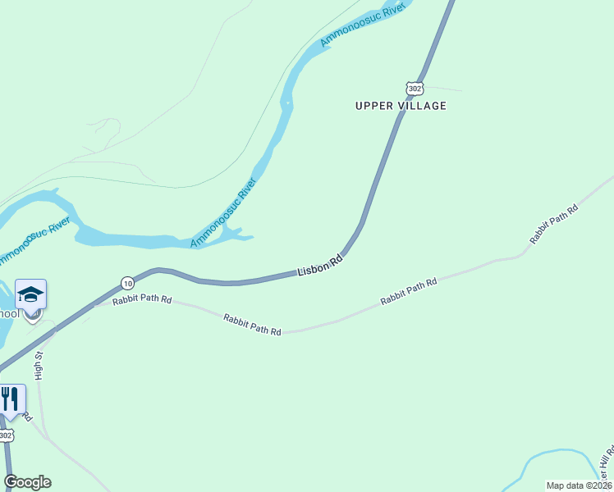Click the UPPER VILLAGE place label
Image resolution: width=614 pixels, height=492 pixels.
[401, 106]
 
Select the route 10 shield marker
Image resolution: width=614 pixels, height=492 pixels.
[127, 282]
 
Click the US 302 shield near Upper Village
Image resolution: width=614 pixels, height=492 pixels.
[415, 89]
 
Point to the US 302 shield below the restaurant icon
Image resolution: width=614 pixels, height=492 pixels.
[6, 435]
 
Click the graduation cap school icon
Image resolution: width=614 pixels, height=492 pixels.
[30, 294]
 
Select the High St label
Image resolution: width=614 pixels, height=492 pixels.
[39, 366]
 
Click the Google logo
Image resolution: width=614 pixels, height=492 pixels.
[27, 482]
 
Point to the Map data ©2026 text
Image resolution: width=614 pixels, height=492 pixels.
[578, 485]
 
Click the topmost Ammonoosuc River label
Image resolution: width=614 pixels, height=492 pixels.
[364, 22]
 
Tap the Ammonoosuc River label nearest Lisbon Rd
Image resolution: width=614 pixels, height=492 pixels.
[224, 212]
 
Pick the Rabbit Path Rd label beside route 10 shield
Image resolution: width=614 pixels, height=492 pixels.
[142, 300]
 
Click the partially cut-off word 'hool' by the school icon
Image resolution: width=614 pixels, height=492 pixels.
[8, 313]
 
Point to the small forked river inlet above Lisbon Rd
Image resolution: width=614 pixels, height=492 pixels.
[238, 234]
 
